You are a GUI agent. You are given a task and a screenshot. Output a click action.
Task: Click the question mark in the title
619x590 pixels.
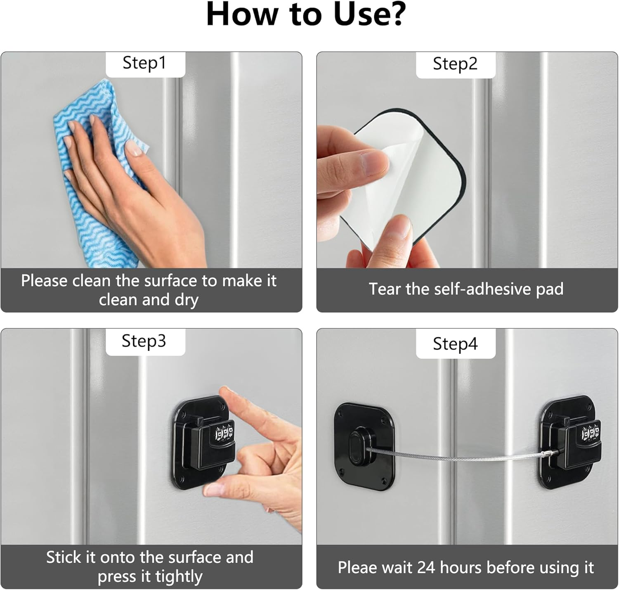pyautogui.click(x=396, y=14)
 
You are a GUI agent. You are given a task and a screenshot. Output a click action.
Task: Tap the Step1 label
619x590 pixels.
pyautogui.click(x=144, y=63)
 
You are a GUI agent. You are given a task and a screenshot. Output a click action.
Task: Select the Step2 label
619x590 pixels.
pyautogui.click(x=455, y=64)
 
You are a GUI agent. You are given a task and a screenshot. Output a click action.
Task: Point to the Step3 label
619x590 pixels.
pyautogui.click(x=144, y=341)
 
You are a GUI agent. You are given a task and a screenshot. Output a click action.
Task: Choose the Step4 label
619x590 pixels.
pyautogui.click(x=455, y=344)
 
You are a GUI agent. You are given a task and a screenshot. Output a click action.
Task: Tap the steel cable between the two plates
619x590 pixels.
pyautogui.click(x=454, y=457)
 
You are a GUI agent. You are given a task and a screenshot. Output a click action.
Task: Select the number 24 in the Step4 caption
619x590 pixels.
pyautogui.click(x=426, y=567)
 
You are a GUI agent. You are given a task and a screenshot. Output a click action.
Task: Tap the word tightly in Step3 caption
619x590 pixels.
pyautogui.click(x=179, y=577)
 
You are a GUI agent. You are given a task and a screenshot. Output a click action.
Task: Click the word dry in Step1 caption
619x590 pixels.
pyautogui.click(x=187, y=300)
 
